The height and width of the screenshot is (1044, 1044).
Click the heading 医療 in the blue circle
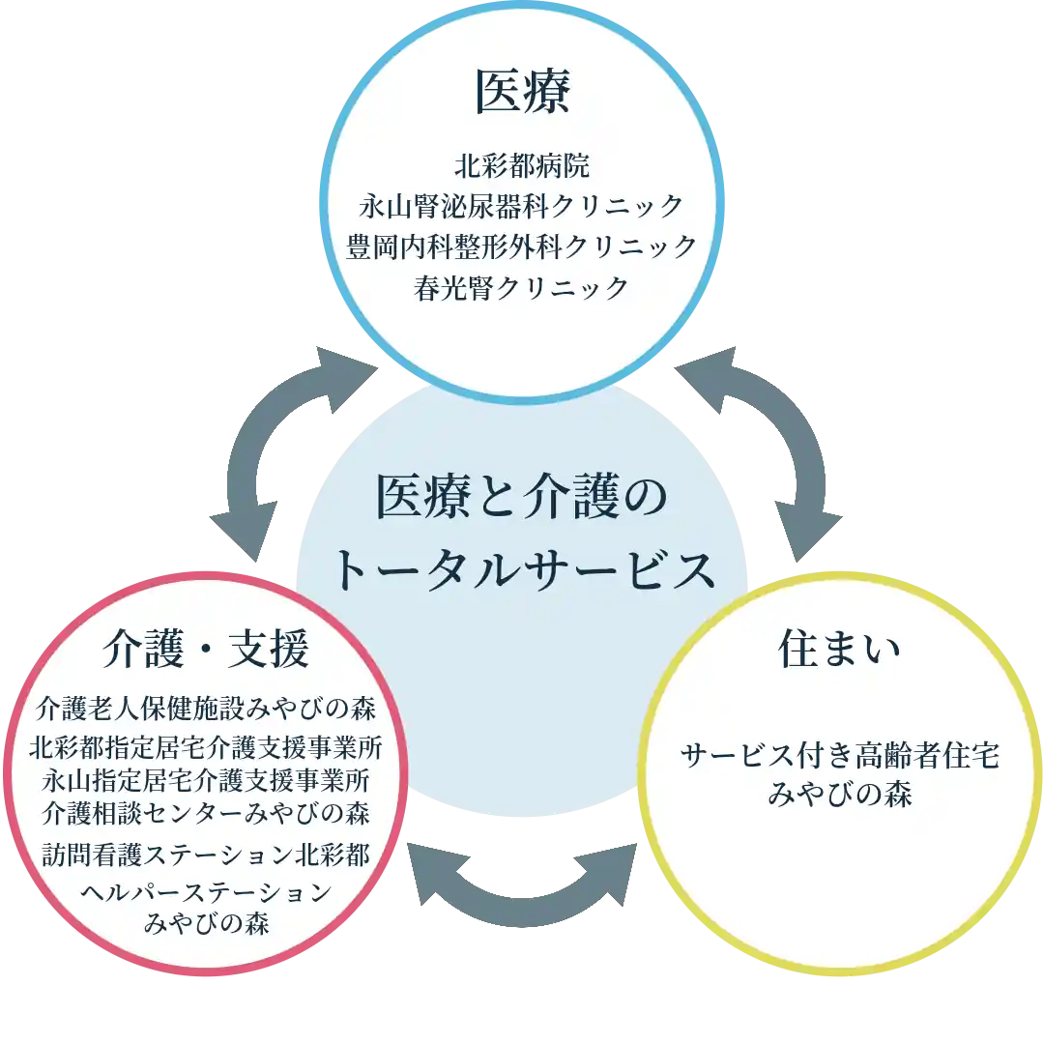522,94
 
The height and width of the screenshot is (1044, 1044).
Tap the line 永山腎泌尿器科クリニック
522,206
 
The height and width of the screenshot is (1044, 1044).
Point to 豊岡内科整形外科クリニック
522,246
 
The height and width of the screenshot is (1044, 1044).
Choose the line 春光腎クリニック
522,288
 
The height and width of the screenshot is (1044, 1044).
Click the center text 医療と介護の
522,499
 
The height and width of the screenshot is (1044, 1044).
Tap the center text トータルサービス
522,570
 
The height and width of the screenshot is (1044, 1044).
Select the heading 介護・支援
206,651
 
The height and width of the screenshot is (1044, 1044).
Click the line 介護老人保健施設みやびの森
206,709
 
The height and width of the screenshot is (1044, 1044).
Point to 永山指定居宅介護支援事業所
206,779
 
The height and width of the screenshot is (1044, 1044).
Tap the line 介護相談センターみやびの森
206,812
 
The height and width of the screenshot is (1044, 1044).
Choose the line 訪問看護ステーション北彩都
206,855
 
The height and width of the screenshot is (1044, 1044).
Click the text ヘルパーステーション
206,891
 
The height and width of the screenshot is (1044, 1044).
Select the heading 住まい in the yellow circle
839,650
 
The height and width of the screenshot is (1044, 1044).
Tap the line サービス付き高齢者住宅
839,755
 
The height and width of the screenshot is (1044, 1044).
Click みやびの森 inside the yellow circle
839,795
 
